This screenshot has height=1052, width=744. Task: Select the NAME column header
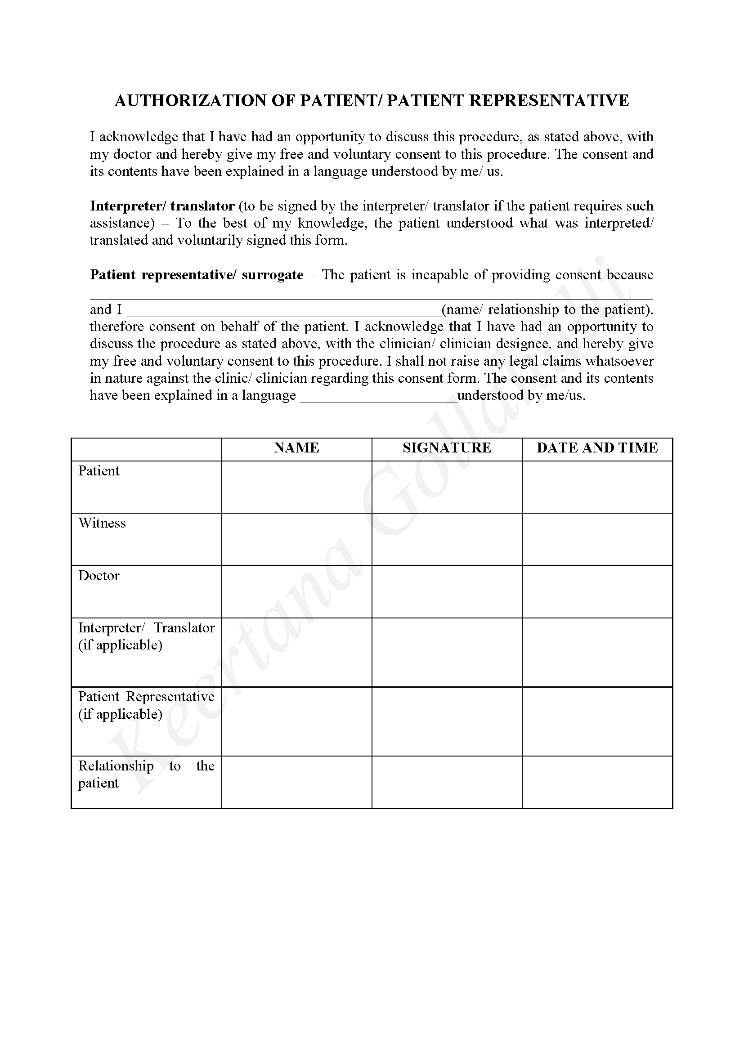click(x=296, y=448)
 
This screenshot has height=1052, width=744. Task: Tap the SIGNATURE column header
click(x=447, y=448)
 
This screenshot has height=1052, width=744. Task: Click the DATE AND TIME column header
click(x=597, y=448)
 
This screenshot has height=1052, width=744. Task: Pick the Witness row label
click(x=102, y=523)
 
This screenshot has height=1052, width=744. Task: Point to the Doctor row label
click(x=99, y=576)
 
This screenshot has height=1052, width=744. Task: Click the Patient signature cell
click(x=447, y=487)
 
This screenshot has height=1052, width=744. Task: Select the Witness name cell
click(x=296, y=539)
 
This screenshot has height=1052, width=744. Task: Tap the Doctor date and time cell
click(x=597, y=591)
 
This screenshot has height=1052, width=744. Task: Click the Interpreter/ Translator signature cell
click(x=447, y=652)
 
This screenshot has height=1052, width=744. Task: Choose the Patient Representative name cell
click(x=296, y=721)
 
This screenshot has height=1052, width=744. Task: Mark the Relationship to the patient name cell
click(x=296, y=782)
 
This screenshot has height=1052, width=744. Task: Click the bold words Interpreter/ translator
click(x=162, y=206)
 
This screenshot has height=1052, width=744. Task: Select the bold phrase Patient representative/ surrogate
click(x=197, y=275)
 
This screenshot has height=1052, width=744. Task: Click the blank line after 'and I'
click(x=283, y=312)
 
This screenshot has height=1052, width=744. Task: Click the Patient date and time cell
click(x=597, y=487)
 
